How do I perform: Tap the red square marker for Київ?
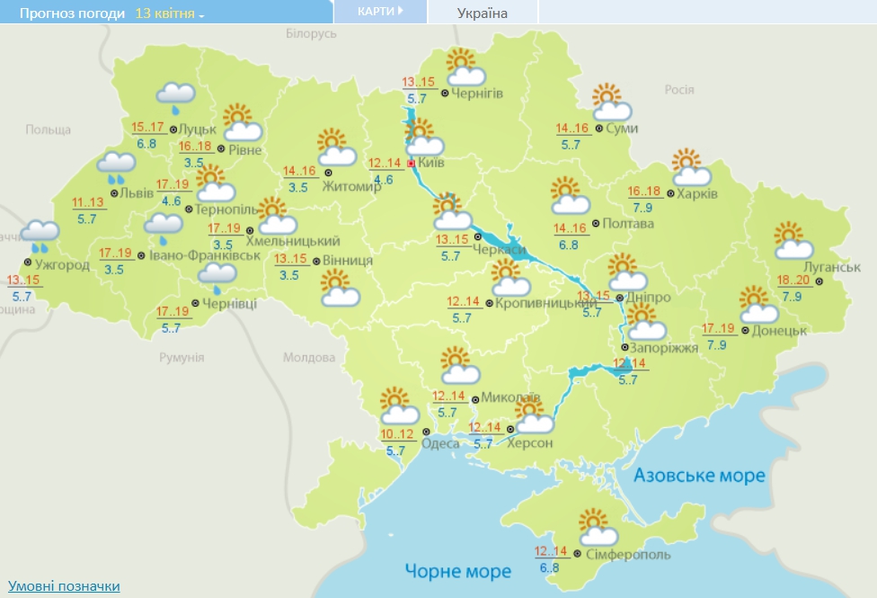point(412,165)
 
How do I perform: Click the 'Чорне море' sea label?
point(457,571)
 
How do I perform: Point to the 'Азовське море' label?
point(699,475)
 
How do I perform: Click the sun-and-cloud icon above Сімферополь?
point(596,525)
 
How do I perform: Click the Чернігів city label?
point(477,93)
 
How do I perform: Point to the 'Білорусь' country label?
point(311,33)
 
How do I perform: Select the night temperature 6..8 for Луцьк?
point(146,143)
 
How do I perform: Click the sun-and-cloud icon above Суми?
point(611,103)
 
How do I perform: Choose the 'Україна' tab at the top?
point(482,13)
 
